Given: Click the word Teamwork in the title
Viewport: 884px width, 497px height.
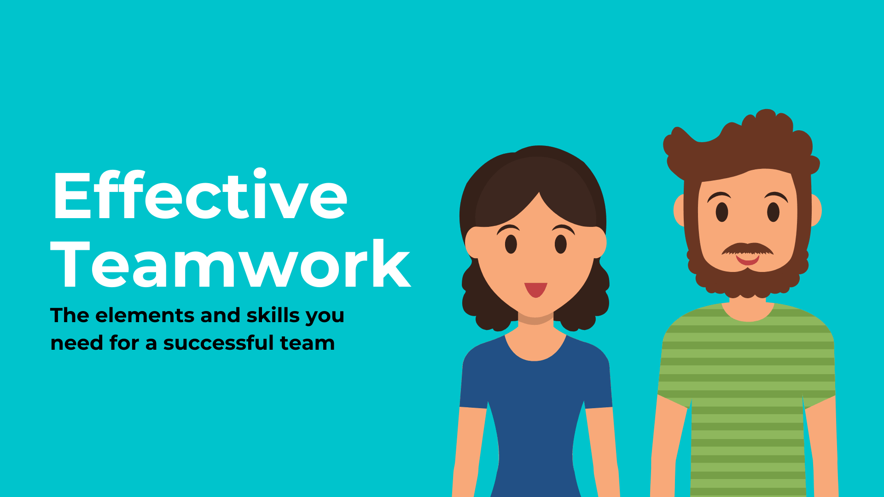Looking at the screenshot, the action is (230, 264).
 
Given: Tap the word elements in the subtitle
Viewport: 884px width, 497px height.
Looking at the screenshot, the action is (145, 315).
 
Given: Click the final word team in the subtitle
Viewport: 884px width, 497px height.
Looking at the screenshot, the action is (307, 343).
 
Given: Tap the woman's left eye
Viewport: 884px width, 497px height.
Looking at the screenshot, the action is (511, 244).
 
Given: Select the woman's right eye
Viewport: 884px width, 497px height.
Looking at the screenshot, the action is (561, 244).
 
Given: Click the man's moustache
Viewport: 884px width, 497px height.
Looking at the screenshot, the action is (748, 249).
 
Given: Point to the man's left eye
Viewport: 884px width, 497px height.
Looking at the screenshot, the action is (722, 212).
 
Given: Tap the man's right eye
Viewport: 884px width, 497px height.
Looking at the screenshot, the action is (773, 212).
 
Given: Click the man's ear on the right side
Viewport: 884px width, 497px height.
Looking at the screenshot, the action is (816, 210).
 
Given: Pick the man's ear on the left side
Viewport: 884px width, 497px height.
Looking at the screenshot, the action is (679, 210).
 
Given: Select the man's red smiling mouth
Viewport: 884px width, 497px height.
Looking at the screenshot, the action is (747, 260).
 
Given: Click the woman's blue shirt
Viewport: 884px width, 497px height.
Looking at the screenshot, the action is (536, 414).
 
